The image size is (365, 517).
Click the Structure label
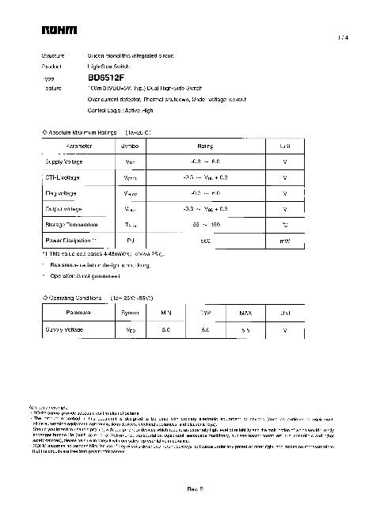54,58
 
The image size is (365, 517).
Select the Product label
52,68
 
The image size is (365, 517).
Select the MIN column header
166,313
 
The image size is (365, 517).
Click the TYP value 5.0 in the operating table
205,329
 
